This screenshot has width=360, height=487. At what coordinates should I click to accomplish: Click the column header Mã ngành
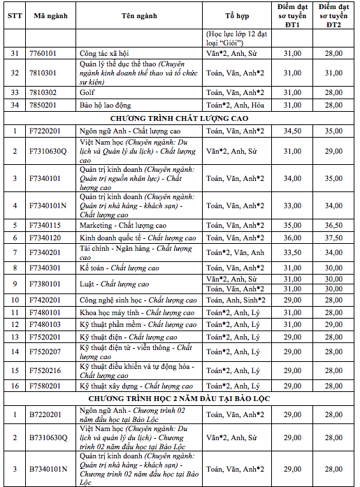50,15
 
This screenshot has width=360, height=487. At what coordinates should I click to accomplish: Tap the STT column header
14,15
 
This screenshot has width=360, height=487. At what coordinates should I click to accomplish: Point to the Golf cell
87,92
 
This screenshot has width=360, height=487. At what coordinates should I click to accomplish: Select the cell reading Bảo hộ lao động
106,104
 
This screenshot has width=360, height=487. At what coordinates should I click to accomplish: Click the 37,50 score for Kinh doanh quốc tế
334,238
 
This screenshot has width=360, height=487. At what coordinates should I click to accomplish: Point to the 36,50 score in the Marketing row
334,226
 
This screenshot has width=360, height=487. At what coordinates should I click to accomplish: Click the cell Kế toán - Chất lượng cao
120,268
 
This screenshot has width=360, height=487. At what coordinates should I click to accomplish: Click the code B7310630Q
48,437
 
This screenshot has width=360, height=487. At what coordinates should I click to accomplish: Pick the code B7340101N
48,469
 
